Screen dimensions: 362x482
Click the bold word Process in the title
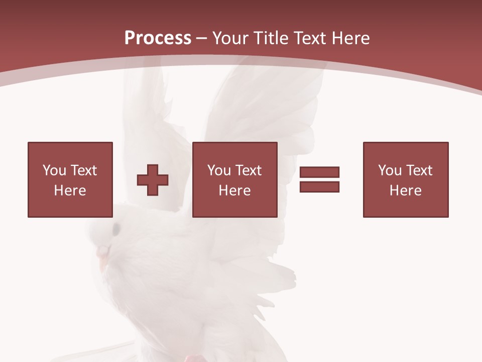[x=158, y=38]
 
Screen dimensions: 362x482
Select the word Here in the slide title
[x=350, y=38]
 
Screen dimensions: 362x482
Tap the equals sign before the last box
[x=319, y=179]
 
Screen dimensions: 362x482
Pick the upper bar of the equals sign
[x=319, y=172]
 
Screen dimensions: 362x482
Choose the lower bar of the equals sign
[x=319, y=187]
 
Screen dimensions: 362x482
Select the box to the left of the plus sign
[x=70, y=179]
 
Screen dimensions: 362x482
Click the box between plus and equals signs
[x=234, y=179]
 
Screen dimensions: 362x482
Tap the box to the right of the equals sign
[x=405, y=179]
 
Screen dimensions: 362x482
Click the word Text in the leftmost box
[x=83, y=170]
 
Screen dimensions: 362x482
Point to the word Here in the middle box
[x=234, y=191]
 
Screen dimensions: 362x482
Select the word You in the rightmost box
[x=390, y=170]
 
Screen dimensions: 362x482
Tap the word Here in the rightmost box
[x=405, y=191]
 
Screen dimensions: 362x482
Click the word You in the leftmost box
[x=54, y=170]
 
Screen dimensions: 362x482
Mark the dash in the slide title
[x=201, y=39]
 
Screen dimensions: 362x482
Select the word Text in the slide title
[x=310, y=38]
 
